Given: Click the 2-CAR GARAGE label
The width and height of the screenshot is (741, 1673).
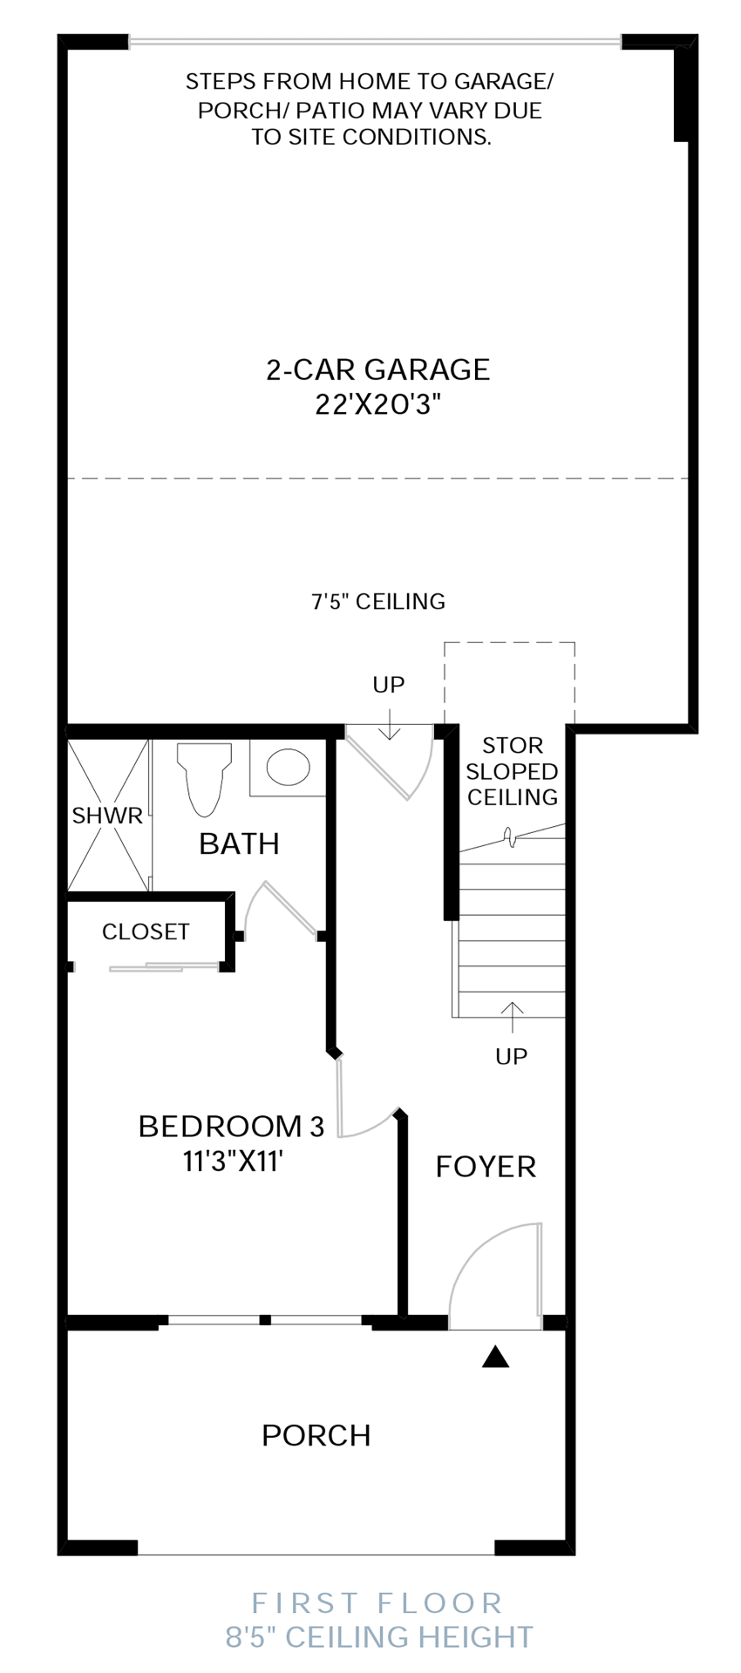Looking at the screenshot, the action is tap(377, 369).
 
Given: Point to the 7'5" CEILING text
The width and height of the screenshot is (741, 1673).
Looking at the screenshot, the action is tap(378, 601).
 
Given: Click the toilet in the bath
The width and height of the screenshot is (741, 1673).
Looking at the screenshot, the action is tap(204, 778).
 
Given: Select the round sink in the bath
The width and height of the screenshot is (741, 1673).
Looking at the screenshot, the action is tap(288, 768).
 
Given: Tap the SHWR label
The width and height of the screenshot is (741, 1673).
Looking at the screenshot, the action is tap(107, 816).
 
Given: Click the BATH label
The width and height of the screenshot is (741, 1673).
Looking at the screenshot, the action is tap(239, 843).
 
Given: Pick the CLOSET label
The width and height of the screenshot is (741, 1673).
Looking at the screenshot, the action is tap(146, 931).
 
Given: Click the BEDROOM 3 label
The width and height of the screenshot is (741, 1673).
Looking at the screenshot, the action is tap(231, 1126).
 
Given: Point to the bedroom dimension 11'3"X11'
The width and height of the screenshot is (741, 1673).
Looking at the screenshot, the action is tap(234, 1162).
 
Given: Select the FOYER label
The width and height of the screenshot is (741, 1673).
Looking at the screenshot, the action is tap(486, 1166).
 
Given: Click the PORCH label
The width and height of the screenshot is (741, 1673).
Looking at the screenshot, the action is tap(316, 1435).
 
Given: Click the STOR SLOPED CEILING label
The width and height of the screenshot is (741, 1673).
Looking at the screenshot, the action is tap(513, 771).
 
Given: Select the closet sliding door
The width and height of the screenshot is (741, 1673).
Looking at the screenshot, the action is tap(164, 966).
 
